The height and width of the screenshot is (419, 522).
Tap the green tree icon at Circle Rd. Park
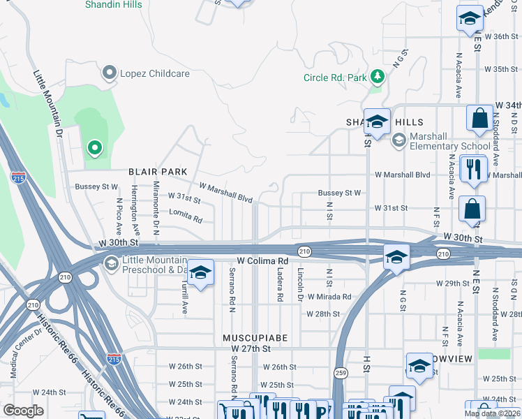click(377, 76)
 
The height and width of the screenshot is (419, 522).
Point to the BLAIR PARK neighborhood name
click(158, 171)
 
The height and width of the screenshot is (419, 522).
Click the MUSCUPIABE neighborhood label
click(255, 338)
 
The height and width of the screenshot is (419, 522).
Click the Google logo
click(23, 411)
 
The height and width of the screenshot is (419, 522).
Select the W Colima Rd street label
click(262, 260)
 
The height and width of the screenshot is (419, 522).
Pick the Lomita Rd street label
click(185, 219)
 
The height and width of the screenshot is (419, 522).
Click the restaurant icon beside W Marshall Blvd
click(474, 168)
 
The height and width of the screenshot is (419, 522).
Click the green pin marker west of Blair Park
click(94, 148)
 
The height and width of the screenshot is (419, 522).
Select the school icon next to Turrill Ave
click(200, 274)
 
